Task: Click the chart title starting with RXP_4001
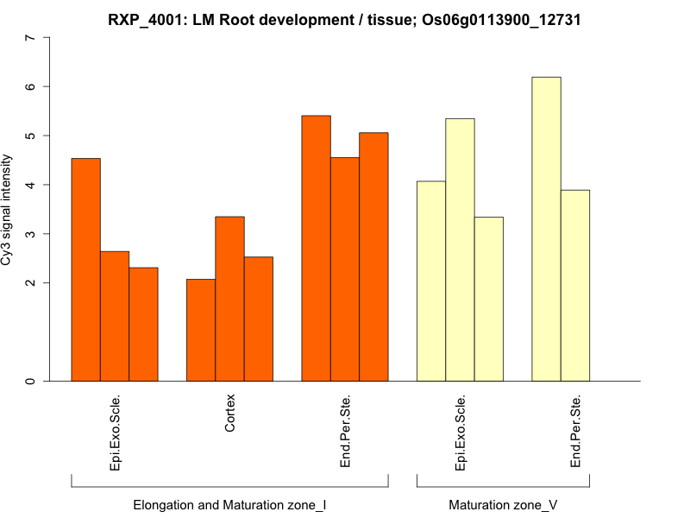coord(344,19)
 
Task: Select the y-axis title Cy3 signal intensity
coord(8,210)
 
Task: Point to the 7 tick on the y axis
coord(32,38)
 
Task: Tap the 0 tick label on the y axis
coord(32,381)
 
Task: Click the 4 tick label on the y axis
coord(32,185)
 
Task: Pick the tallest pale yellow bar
coord(546,229)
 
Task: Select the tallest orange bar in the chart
coord(316,248)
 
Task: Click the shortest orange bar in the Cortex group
coord(201,330)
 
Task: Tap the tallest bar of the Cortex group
coord(229,299)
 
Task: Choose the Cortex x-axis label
coord(229,415)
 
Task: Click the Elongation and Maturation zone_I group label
coord(229,504)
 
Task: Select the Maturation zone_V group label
coord(503,504)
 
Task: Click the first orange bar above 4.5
coord(85,269)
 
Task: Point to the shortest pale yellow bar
coord(488,299)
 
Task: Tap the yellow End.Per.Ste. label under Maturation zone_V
coord(575,432)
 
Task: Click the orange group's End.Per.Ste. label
coord(345,432)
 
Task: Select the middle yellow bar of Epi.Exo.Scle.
coord(460,250)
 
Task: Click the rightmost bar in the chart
coord(575,285)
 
